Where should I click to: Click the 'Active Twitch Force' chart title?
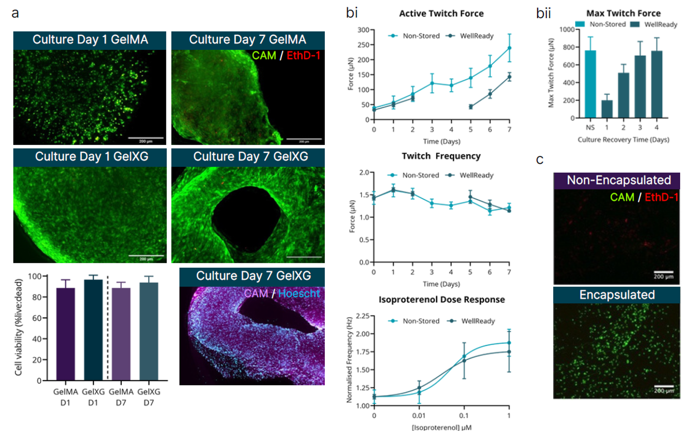(441, 14)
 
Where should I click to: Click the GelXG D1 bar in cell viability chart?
(93, 330)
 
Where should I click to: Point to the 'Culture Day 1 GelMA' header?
(90, 40)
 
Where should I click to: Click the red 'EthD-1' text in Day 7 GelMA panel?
(303, 56)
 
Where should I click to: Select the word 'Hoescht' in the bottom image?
(299, 293)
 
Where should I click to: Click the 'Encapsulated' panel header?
(617, 295)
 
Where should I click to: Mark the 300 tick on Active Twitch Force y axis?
(363, 30)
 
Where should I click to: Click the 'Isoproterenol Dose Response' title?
(441, 300)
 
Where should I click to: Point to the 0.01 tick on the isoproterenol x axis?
(419, 416)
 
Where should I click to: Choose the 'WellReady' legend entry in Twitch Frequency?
(476, 175)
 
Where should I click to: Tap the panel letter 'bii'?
(543, 13)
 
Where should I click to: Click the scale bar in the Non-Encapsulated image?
(663, 272)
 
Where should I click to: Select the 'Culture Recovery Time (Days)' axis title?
(623, 139)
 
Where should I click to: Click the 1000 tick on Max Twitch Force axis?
(567, 29)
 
